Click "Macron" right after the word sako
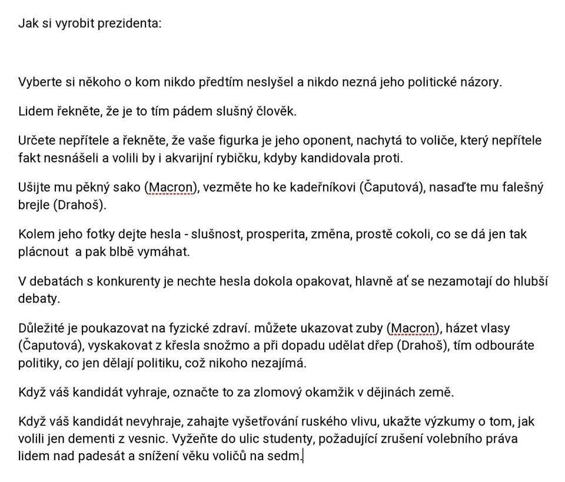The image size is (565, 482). [171, 188]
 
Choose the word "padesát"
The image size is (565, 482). [92, 456]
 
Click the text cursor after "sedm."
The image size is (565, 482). [302, 456]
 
